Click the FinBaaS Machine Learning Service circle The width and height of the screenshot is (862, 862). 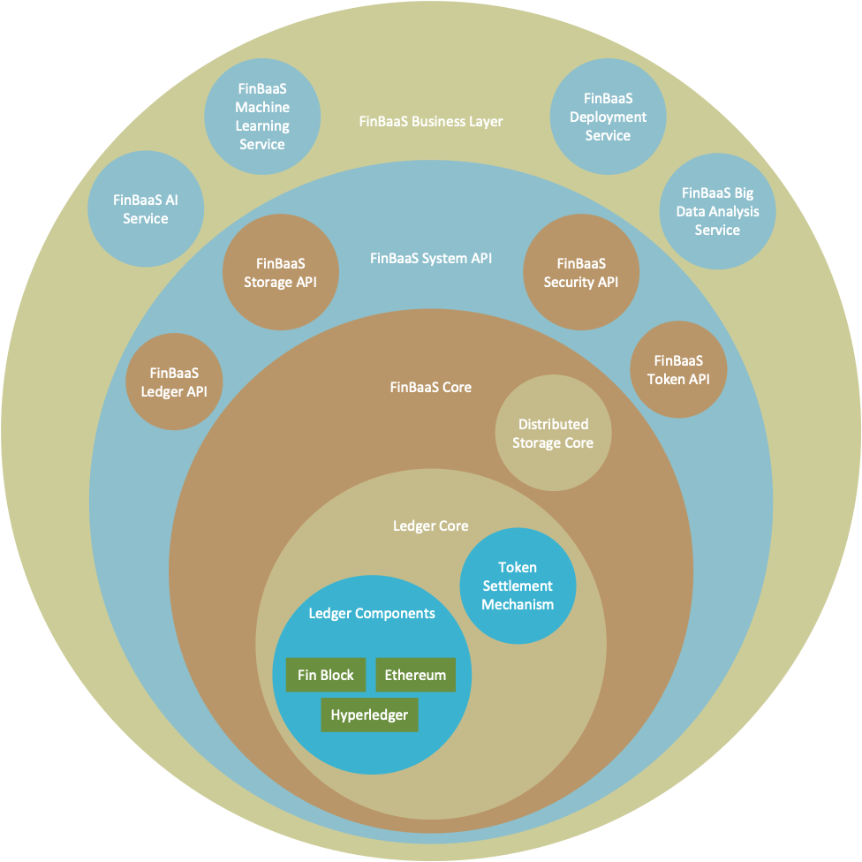[262, 116]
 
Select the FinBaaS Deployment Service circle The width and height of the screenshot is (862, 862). [608, 117]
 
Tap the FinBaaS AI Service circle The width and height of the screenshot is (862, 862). [146, 209]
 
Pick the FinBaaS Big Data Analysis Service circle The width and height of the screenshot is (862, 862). [717, 211]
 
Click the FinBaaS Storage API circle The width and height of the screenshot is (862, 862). [280, 273]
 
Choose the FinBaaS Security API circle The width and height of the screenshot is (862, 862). [581, 273]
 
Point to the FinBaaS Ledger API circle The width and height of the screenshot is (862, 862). [174, 382]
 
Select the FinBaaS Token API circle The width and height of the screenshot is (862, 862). [678, 370]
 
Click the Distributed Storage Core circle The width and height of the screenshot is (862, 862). [553, 434]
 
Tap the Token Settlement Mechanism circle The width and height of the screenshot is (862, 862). [518, 586]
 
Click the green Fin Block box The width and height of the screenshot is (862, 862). [325, 676]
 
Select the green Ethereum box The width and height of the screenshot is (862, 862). [415, 676]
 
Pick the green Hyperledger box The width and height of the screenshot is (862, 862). [369, 715]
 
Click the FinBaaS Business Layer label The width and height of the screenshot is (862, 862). [431, 121]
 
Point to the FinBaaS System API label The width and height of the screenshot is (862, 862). [430, 259]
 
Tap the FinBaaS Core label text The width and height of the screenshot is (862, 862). [430, 387]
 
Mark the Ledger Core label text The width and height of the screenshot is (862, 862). [430, 526]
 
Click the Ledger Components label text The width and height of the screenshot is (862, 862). [371, 613]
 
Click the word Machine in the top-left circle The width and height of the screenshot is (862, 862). [262, 107]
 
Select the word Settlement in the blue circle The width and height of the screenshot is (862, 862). [518, 586]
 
